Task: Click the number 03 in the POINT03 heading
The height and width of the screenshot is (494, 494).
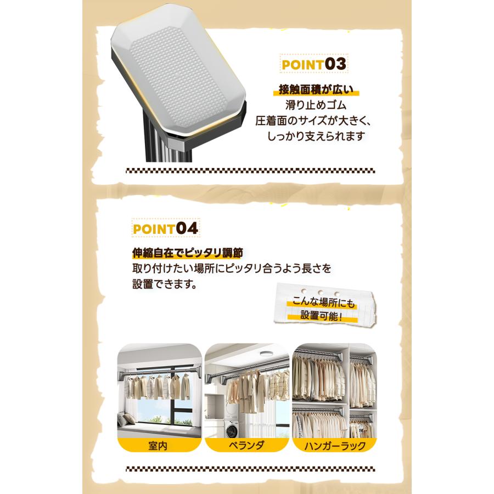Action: (335, 64)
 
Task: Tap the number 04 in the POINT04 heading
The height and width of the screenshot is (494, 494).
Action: (187, 228)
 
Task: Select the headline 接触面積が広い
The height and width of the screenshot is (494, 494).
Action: (316, 90)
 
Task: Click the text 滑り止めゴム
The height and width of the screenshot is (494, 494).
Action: (316, 105)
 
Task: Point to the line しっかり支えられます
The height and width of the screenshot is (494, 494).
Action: (316, 136)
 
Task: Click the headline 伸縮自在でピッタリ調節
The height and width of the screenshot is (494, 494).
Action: (188, 252)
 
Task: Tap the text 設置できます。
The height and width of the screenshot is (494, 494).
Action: (165, 284)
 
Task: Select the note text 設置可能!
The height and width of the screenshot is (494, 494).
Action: (321, 316)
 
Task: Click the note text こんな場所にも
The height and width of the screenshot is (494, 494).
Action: (323, 302)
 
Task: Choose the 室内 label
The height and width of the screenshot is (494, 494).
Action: (158, 446)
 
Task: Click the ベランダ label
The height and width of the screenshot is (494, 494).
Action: (246, 446)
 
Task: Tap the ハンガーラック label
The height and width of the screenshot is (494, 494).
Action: (335, 446)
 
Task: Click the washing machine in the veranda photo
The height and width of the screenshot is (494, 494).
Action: (232, 429)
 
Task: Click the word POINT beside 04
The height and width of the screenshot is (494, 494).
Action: (154, 229)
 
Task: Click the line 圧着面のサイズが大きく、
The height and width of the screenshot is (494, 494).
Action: (313, 120)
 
